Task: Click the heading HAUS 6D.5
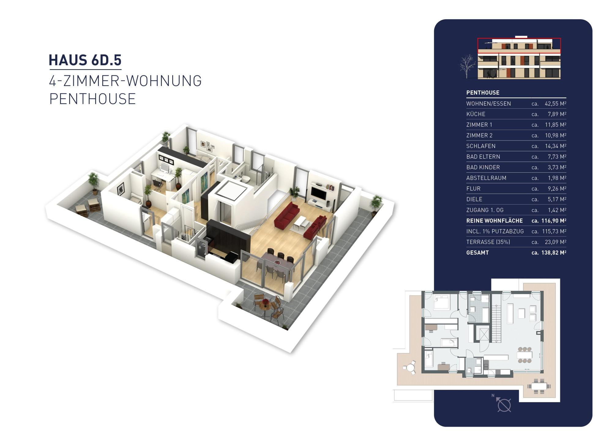tap(85, 60)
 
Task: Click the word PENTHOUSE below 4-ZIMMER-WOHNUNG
tap(92, 99)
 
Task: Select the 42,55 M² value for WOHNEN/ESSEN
tap(555, 103)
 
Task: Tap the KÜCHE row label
tap(476, 114)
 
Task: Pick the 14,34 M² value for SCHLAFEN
tap(555, 146)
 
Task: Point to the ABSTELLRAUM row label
tap(486, 178)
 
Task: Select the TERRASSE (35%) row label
tap(488, 242)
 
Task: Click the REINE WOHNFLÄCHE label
tap(494, 221)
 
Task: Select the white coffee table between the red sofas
tap(300, 223)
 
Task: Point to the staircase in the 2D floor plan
tap(496, 323)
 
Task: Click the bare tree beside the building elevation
tap(467, 66)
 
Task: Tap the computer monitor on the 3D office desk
tap(165, 168)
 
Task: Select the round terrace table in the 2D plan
tap(409, 367)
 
